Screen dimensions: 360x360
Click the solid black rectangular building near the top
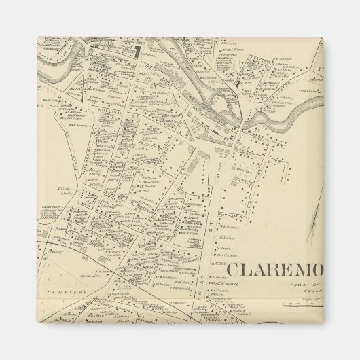pyautogui.click(x=137, y=50)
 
